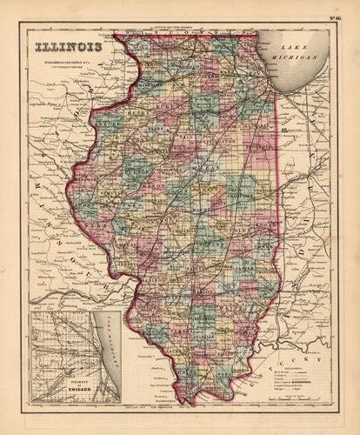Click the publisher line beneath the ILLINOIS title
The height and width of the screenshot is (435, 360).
tap(64, 63)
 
